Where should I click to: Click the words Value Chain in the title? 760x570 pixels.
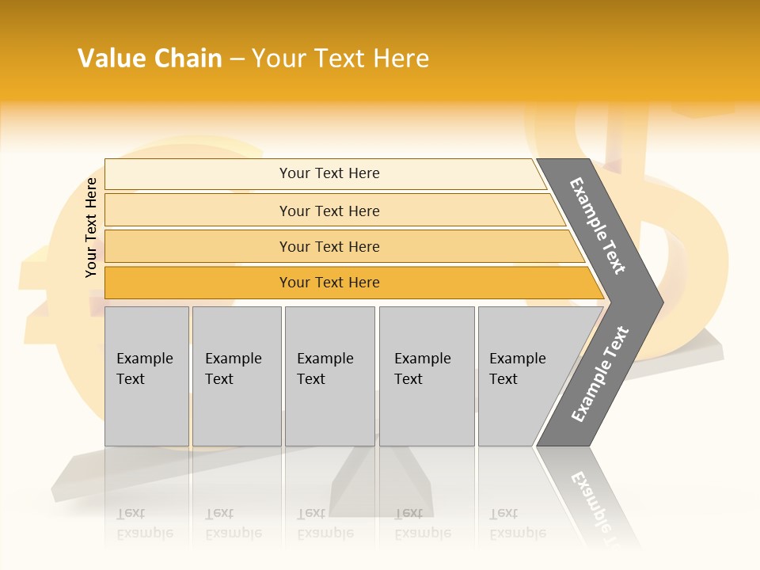(x=150, y=59)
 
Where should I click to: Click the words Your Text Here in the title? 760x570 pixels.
(x=340, y=59)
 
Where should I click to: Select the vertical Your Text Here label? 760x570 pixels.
(x=91, y=227)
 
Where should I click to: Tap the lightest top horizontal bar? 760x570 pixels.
(x=198, y=174)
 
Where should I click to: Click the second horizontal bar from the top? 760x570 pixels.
(x=198, y=211)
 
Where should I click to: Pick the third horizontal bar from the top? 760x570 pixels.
(x=198, y=246)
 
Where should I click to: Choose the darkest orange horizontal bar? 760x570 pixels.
(x=198, y=283)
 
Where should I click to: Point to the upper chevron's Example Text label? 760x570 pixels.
(x=598, y=226)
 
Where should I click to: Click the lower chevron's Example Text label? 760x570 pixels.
(x=599, y=374)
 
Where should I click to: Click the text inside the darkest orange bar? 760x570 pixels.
(x=329, y=283)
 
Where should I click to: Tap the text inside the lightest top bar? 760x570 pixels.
(x=329, y=173)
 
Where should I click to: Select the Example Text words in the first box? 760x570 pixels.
(x=144, y=369)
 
